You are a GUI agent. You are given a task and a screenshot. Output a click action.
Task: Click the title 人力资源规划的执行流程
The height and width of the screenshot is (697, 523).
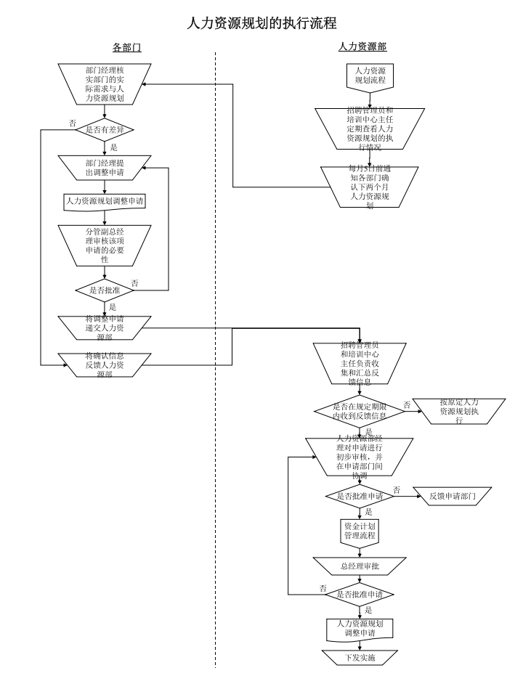coord(261,23)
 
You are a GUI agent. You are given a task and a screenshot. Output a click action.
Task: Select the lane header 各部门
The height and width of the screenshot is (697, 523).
coord(126,47)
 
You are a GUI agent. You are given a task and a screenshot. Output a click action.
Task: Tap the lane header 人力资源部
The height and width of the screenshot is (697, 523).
coord(362,46)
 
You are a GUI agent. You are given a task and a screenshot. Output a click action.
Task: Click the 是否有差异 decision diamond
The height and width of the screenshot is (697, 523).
coord(105,130)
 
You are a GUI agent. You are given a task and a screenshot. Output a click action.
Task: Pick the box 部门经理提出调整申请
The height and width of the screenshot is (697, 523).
coord(105,168)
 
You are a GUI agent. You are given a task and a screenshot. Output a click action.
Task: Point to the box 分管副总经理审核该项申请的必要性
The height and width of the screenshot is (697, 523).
coord(105,245)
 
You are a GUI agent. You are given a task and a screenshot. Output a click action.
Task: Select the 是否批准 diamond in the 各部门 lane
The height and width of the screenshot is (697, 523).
coord(105,290)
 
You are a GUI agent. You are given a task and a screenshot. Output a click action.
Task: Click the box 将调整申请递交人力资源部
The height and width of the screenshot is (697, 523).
coord(105,327)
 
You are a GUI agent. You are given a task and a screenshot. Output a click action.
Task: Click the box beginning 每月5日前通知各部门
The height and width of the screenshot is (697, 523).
coord(370,187)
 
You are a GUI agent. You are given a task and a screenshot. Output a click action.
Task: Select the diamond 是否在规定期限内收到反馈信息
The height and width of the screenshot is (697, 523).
coord(359,412)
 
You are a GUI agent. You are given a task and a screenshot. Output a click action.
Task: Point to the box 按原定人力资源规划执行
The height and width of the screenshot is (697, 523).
coord(459,411)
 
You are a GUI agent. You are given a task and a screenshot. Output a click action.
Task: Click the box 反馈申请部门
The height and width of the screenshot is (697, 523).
coord(452,497)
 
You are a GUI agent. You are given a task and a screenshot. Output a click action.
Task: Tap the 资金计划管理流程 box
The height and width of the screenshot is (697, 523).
coord(360,531)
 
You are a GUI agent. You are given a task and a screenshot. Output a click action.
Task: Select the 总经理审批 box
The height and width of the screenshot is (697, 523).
coord(360,566)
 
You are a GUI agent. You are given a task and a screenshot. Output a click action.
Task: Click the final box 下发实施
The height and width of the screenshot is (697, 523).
coord(360,658)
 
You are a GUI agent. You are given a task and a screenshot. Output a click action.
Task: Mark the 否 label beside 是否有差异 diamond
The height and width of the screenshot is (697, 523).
coord(72,123)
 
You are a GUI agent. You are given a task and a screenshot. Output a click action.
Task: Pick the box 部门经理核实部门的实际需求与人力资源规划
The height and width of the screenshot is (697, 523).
coord(105,83)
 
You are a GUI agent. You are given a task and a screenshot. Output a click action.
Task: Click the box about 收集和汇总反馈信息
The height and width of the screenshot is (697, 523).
coord(359,362)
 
